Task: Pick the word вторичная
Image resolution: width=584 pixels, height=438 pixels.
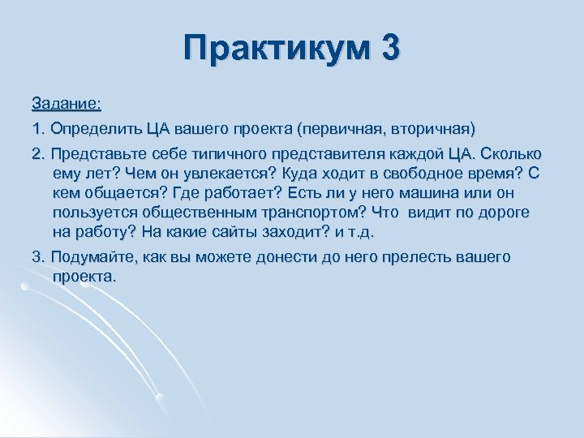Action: (x=435, y=128)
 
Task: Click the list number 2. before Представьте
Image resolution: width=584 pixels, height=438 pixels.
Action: (x=38, y=154)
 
